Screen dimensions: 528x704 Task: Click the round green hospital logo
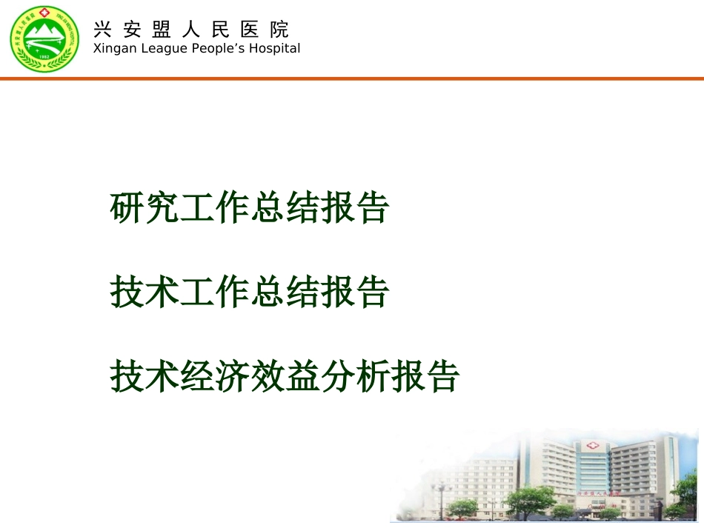(44, 39)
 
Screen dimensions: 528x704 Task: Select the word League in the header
(156, 49)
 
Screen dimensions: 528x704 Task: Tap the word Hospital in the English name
(275, 49)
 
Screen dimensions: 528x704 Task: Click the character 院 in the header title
(279, 30)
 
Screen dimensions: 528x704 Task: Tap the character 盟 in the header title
(162, 30)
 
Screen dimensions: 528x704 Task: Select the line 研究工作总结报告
(249, 208)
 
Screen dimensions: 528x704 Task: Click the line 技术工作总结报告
(249, 293)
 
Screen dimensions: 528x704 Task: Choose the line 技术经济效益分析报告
(285, 376)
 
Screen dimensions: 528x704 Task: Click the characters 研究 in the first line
(145, 208)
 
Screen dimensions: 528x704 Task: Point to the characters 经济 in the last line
(216, 376)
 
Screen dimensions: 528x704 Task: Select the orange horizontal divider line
(352, 78)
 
